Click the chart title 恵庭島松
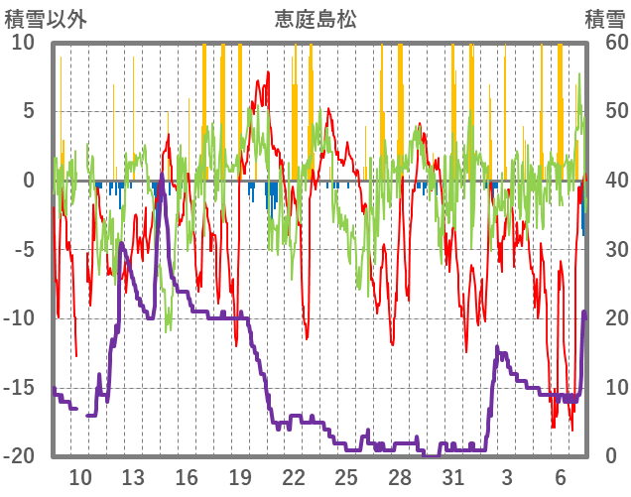pyautogui.click(x=315, y=19)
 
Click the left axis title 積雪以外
pyautogui.click(x=46, y=19)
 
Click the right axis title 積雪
pyautogui.click(x=604, y=19)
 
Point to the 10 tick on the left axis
pyautogui.click(x=22, y=43)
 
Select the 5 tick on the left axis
pyautogui.click(x=28, y=111)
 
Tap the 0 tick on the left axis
pyautogui.click(x=28, y=181)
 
